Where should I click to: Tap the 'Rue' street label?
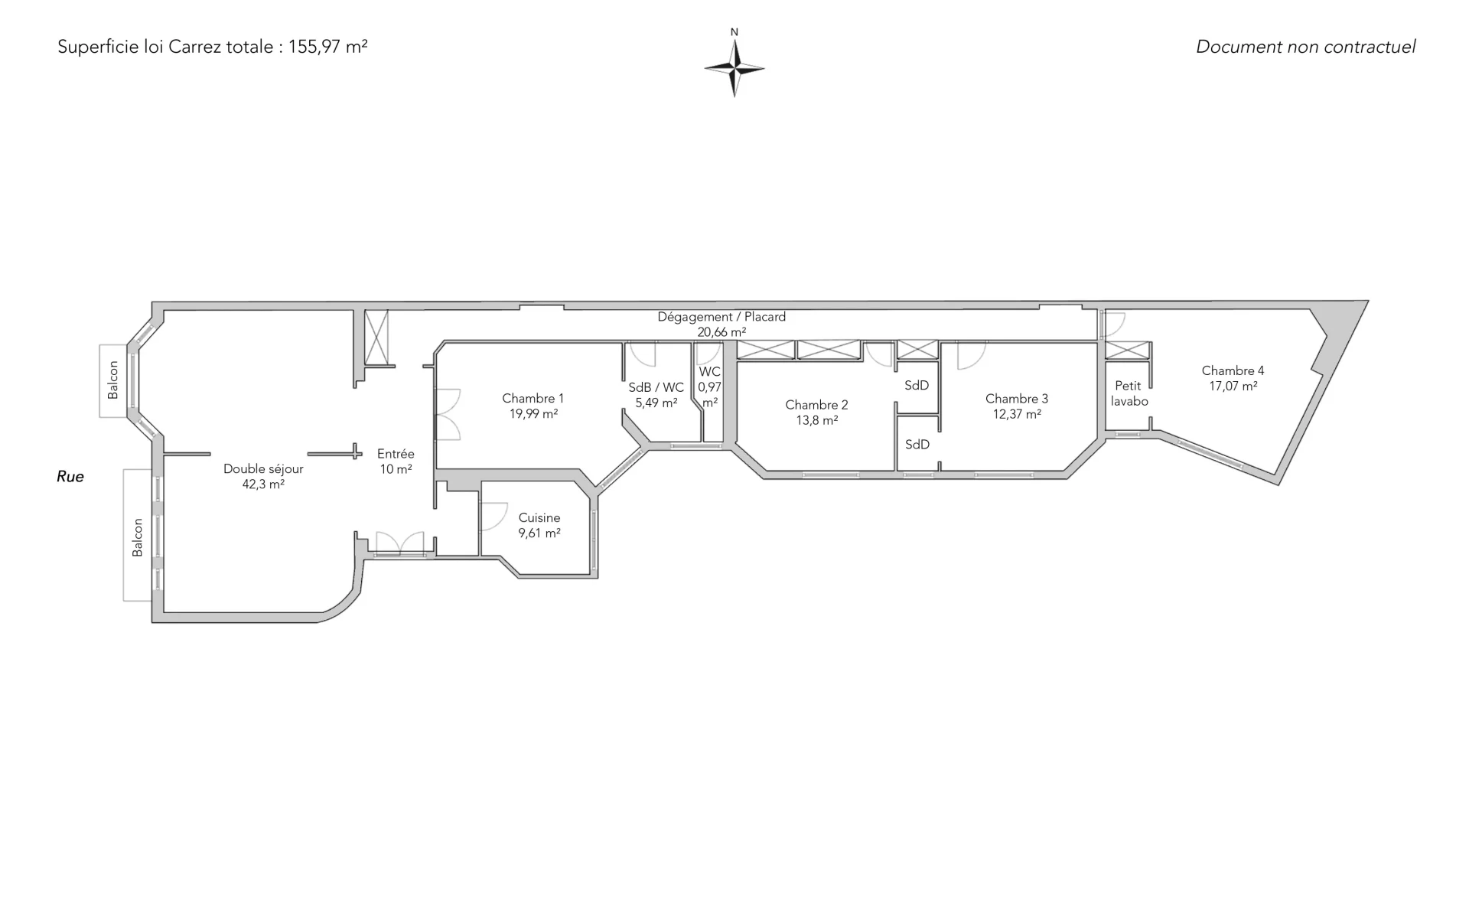click(70, 477)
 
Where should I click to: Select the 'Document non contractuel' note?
click(1305, 47)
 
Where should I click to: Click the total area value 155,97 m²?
click(327, 47)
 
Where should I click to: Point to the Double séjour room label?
click(263, 469)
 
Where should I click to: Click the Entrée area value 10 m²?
click(396, 469)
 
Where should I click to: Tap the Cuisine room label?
click(539, 518)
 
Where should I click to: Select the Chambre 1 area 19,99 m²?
click(533, 414)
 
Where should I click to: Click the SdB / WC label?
click(656, 388)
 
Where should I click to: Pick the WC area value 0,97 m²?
click(710, 395)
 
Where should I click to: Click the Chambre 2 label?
click(816, 405)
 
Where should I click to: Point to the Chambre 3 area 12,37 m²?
click(1017, 414)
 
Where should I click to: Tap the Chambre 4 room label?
click(1233, 370)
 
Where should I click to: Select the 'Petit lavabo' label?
click(1129, 393)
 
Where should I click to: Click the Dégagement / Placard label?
click(721, 317)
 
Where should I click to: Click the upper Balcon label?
click(113, 380)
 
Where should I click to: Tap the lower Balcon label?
click(138, 537)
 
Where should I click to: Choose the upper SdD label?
click(917, 386)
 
